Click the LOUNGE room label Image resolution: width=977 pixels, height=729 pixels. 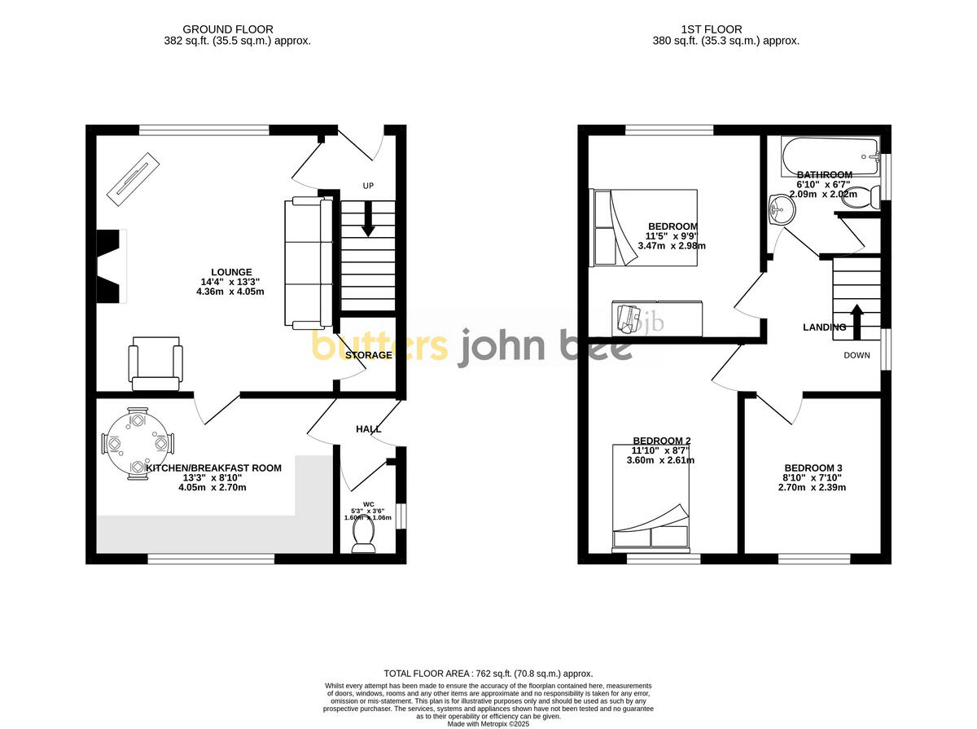pyautogui.click(x=231, y=272)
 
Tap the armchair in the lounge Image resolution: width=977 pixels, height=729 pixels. pyautogui.click(x=155, y=366)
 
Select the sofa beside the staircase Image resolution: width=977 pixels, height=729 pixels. pyautogui.click(x=308, y=262)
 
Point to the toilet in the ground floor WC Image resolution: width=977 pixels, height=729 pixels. pyautogui.click(x=363, y=536)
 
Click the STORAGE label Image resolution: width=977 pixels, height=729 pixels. pyautogui.click(x=368, y=355)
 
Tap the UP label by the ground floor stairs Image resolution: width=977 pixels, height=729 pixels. pyautogui.click(x=368, y=186)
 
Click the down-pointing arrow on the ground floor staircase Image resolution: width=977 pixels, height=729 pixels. pyautogui.click(x=368, y=221)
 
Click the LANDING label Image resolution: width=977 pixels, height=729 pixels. pyautogui.click(x=824, y=327)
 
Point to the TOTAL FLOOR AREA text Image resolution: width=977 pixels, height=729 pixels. pyautogui.click(x=488, y=674)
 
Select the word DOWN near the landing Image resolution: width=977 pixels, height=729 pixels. pyautogui.click(x=857, y=355)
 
